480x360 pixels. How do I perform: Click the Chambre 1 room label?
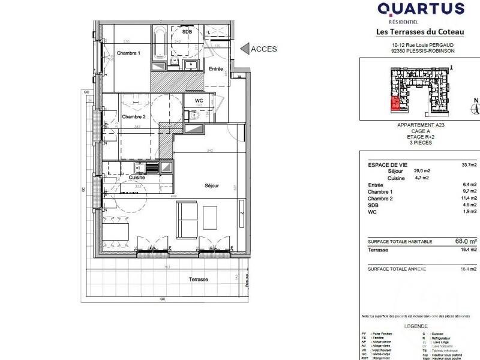coord(128,53)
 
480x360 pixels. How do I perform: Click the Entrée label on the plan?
coord(216,69)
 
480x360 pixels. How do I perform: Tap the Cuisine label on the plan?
coord(139,178)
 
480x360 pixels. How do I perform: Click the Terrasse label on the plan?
coord(199,280)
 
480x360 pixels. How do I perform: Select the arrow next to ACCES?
coord(244,49)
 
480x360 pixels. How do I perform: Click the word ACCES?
coord(264,49)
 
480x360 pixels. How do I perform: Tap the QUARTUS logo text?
coord(421,9)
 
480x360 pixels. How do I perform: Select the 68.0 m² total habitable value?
coord(466,241)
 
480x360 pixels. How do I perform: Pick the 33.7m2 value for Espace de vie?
coord(469,164)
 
